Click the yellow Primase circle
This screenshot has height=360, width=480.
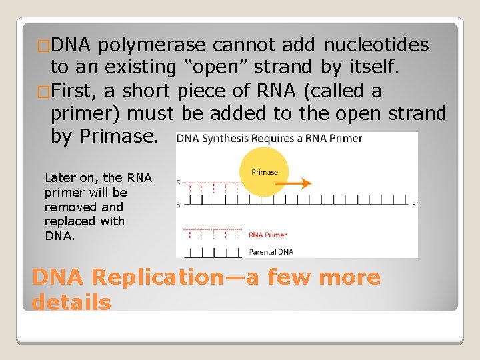[264, 172]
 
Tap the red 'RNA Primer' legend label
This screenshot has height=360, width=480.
[267, 235]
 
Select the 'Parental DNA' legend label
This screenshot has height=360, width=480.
[271, 252]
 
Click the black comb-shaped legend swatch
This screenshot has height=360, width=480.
[211, 253]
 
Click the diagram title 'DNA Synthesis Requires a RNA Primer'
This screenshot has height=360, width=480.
[269, 139]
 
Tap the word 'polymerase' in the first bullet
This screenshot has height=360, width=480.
[156, 45]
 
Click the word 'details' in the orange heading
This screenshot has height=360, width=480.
[71, 302]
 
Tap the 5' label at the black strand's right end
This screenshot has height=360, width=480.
[414, 205]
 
